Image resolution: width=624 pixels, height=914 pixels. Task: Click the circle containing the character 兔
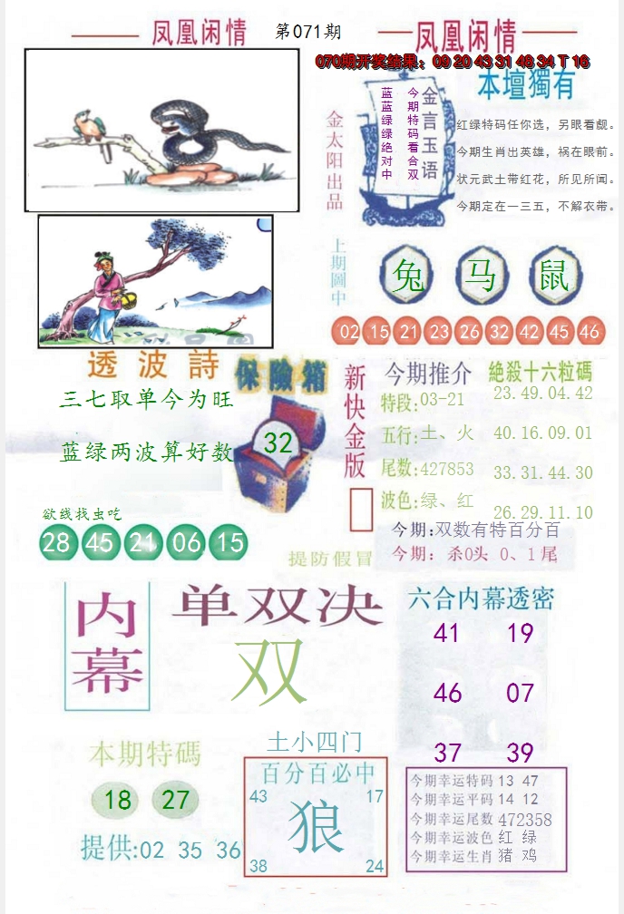(410, 275)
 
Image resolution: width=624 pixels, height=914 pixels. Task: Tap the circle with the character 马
(481, 275)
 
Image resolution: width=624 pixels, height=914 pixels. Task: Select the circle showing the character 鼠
(555, 275)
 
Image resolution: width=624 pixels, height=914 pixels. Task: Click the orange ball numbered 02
(349, 332)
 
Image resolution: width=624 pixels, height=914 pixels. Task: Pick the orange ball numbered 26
(469, 332)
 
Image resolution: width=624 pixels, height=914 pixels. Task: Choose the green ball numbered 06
(188, 542)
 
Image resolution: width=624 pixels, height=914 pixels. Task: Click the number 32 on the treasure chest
(278, 443)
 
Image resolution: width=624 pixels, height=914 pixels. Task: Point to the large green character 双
(268, 673)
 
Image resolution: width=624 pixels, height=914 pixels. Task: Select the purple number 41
(446, 633)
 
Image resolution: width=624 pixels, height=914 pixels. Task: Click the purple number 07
(521, 694)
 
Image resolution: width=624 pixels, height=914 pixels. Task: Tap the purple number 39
(521, 753)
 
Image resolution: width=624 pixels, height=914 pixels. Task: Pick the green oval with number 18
(118, 800)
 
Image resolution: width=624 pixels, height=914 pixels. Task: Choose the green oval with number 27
(176, 800)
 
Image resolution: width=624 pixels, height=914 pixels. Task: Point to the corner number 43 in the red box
(258, 796)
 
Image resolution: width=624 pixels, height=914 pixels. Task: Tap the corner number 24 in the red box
(375, 867)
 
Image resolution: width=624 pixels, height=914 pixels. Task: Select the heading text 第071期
(307, 32)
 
